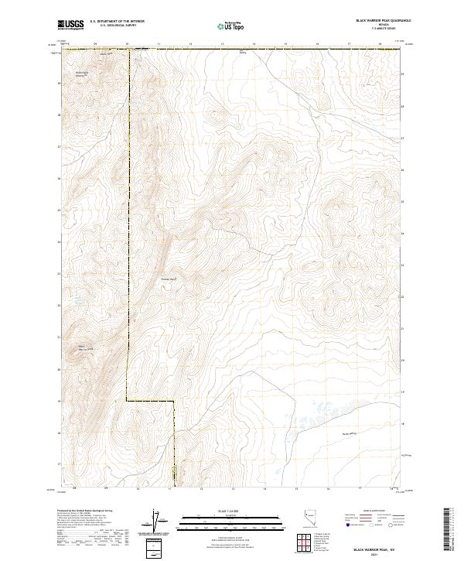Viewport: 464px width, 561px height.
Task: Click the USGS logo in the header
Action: [71, 25]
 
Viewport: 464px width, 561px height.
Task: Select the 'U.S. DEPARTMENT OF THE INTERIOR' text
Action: [117, 22]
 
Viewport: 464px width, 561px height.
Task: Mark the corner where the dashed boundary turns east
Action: [127, 401]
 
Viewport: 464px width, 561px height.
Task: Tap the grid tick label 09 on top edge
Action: [94, 44]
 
